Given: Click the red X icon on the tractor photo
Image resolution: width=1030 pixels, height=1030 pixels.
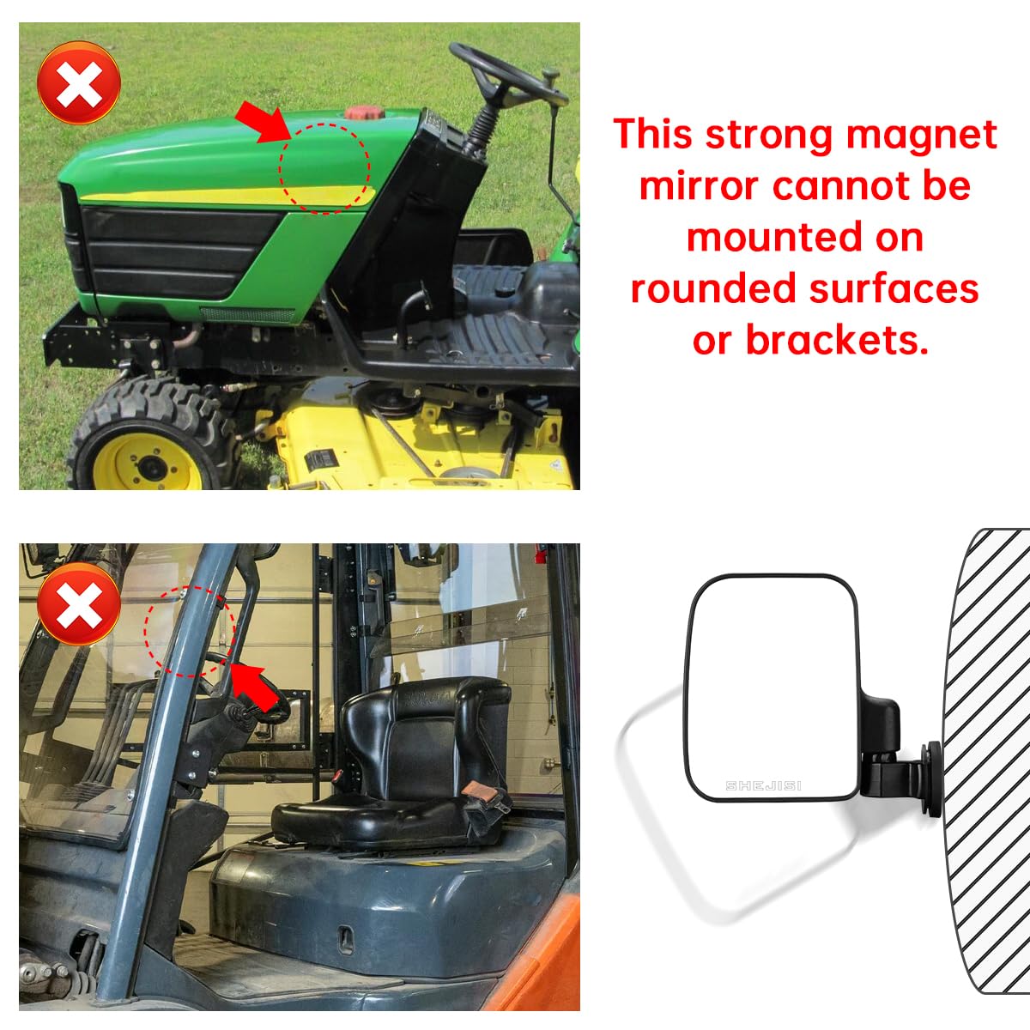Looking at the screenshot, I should coord(79,83).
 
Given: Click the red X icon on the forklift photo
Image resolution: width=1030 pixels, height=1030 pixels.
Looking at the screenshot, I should coord(79,606).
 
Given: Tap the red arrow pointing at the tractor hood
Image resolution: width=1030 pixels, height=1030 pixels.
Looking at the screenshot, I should coord(264,121).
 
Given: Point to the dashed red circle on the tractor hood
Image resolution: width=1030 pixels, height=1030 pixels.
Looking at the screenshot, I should coord(324,167).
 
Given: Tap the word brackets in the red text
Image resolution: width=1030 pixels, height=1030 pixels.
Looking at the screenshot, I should coord(837,341).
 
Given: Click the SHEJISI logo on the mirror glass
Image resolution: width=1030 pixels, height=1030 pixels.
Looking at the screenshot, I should coord(763,785).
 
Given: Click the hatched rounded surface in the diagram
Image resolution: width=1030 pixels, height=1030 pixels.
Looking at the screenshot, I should coord(987,755).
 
